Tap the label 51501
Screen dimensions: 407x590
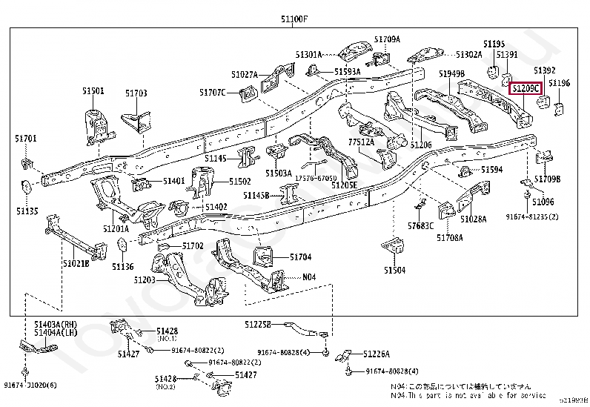93,90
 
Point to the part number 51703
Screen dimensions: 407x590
136,93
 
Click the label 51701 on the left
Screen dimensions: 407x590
25,139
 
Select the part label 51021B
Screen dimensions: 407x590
76,263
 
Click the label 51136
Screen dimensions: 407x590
123,266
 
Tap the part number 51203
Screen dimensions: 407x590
145,280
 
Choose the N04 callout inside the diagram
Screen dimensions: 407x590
309,277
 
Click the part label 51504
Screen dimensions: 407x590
394,271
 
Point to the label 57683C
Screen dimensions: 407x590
420,225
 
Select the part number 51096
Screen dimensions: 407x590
543,202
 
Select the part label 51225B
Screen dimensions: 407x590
259,325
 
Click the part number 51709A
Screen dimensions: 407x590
387,39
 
